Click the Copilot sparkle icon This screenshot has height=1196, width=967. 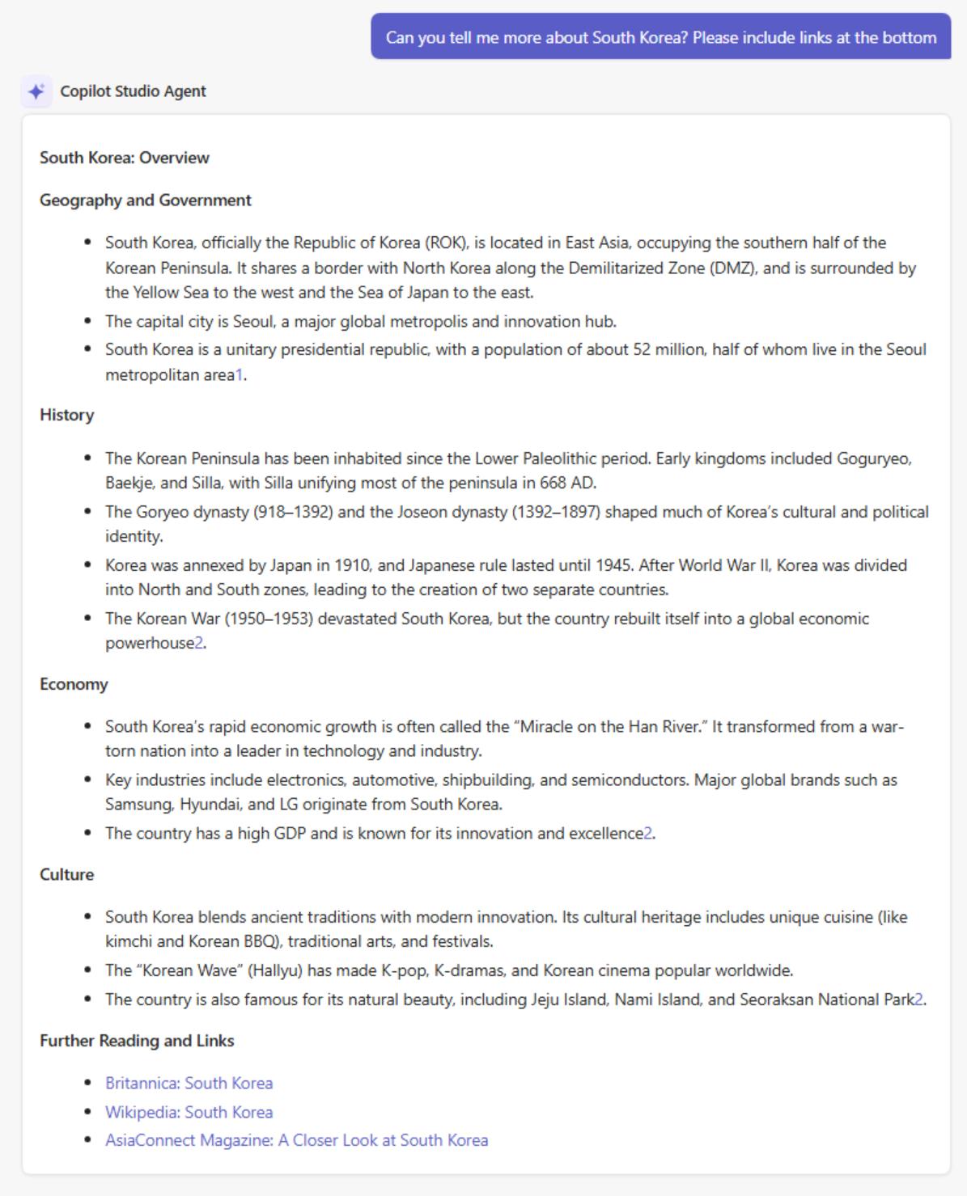click(36, 91)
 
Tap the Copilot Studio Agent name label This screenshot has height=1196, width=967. click(133, 91)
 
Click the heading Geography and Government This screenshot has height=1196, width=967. click(146, 200)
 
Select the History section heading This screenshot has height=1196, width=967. click(67, 415)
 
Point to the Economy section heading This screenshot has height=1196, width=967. click(74, 684)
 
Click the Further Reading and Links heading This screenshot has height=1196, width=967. click(137, 1041)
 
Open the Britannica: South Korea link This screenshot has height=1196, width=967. click(189, 1083)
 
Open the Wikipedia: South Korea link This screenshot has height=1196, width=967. click(189, 1112)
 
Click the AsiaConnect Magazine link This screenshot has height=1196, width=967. click(296, 1140)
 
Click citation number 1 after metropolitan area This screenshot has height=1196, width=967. click(239, 375)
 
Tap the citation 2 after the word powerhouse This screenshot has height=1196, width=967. click(199, 644)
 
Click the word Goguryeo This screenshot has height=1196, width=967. click(874, 459)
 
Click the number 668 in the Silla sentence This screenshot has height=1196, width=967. click(553, 484)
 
